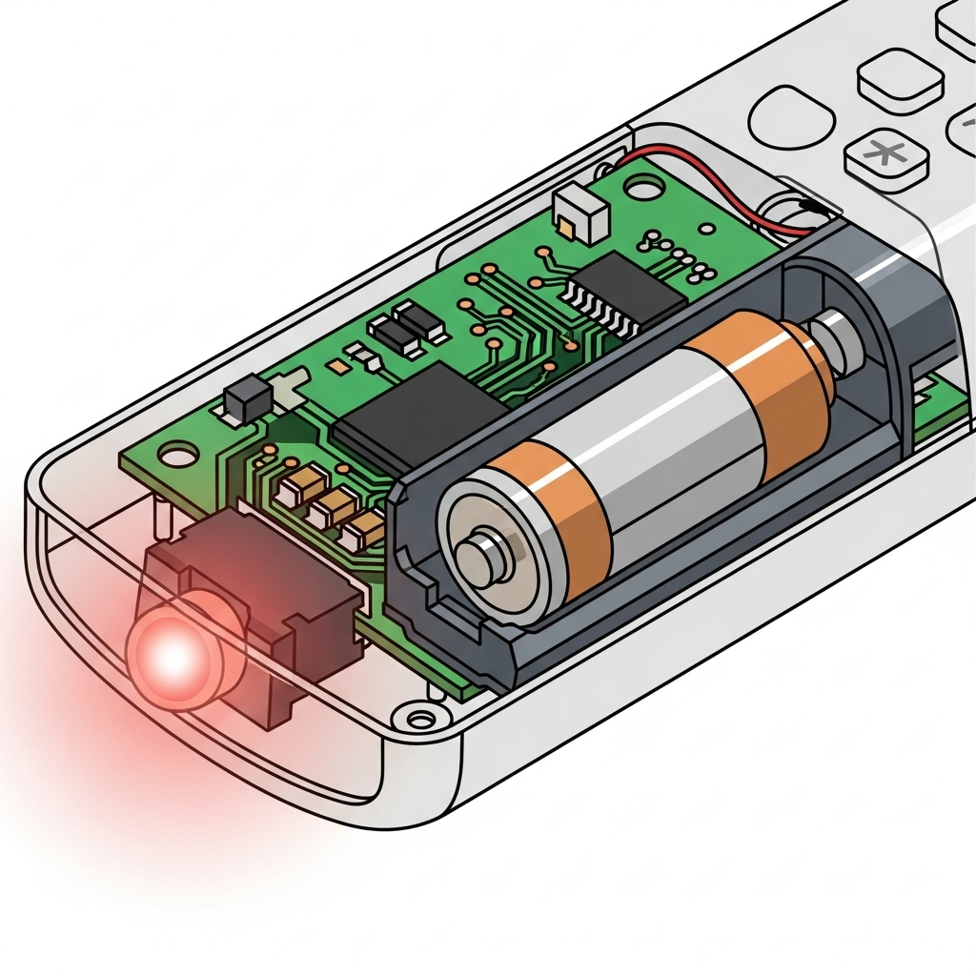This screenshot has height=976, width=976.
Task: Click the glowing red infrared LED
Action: pos(174,656)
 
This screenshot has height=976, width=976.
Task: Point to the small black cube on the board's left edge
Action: pos(241,402)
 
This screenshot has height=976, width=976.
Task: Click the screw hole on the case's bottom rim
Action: pos(416,715)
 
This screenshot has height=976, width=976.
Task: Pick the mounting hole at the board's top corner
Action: pos(646,189)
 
